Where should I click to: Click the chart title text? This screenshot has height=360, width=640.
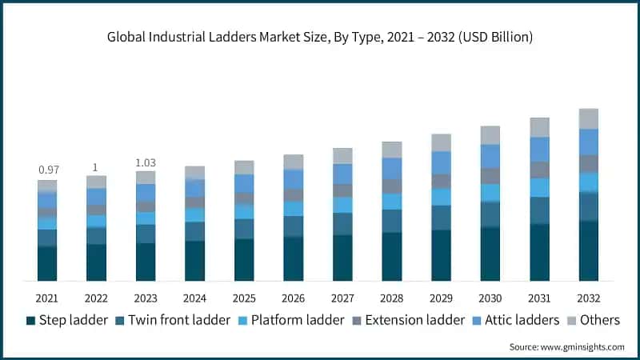[320, 38]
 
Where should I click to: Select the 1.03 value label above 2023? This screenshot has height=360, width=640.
[146, 162]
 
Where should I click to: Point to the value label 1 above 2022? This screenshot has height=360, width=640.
[96, 167]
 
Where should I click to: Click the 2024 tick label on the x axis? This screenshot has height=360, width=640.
[194, 298]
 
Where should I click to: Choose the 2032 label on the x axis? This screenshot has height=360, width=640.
[589, 298]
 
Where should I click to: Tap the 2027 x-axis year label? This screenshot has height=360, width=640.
[342, 298]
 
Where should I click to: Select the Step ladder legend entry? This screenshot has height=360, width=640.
[68, 320]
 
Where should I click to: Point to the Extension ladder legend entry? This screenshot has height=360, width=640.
[408, 320]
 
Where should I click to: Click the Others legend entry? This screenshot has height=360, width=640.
[594, 320]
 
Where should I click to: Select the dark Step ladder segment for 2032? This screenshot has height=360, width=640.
[589, 251]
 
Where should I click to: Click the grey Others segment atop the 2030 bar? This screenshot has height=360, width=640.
[490, 135]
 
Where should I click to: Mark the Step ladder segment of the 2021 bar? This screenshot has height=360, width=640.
[47, 264]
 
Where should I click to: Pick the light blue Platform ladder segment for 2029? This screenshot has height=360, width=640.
[441, 197]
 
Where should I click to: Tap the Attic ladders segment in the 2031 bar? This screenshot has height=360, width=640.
[540, 150]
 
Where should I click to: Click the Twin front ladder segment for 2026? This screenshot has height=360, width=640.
[294, 226]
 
